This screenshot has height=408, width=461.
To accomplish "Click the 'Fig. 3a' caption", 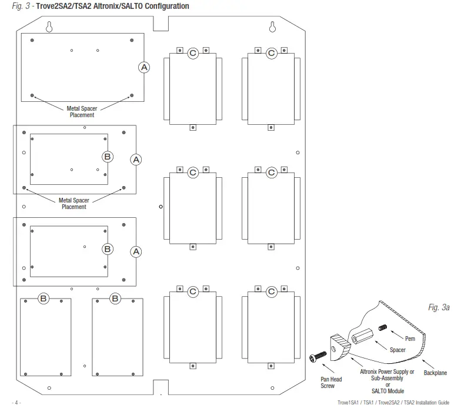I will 438,308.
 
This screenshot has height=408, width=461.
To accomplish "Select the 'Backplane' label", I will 435,373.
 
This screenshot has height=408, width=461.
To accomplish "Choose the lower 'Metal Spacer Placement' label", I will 74,204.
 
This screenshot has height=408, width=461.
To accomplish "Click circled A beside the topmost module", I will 144,67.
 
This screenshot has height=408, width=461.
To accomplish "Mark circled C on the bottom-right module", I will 271,291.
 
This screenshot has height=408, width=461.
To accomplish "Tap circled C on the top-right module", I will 271,54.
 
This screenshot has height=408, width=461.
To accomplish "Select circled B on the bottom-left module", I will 44,298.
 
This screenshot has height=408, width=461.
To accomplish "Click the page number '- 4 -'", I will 16,403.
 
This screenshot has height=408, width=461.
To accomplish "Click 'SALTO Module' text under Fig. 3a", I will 387,391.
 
